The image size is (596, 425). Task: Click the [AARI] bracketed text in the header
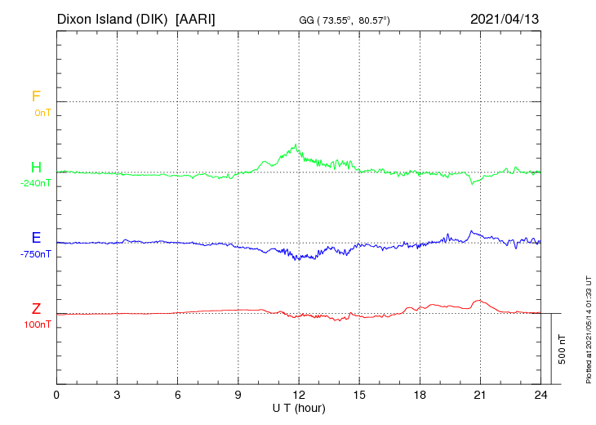coord(195,18)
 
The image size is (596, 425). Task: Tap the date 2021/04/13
coord(505,18)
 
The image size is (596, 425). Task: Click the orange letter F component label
coord(36,96)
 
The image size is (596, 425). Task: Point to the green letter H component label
coord(36,168)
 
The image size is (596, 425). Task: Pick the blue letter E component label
coord(36,238)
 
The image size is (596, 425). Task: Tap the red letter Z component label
coord(36,308)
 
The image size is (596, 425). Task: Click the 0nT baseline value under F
coord(42,113)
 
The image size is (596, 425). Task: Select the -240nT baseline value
coord(36,184)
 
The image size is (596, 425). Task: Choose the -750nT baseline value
coord(36,254)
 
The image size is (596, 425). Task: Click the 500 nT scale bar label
coord(563,349)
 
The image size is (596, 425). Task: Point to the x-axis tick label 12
coord(299,395)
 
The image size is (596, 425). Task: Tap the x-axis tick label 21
coord(480,395)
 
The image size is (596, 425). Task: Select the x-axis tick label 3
coord(118,395)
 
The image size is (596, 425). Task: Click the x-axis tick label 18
coord(420,395)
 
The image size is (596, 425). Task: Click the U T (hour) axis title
coord(299,407)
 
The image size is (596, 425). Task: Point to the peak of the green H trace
coord(295,145)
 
